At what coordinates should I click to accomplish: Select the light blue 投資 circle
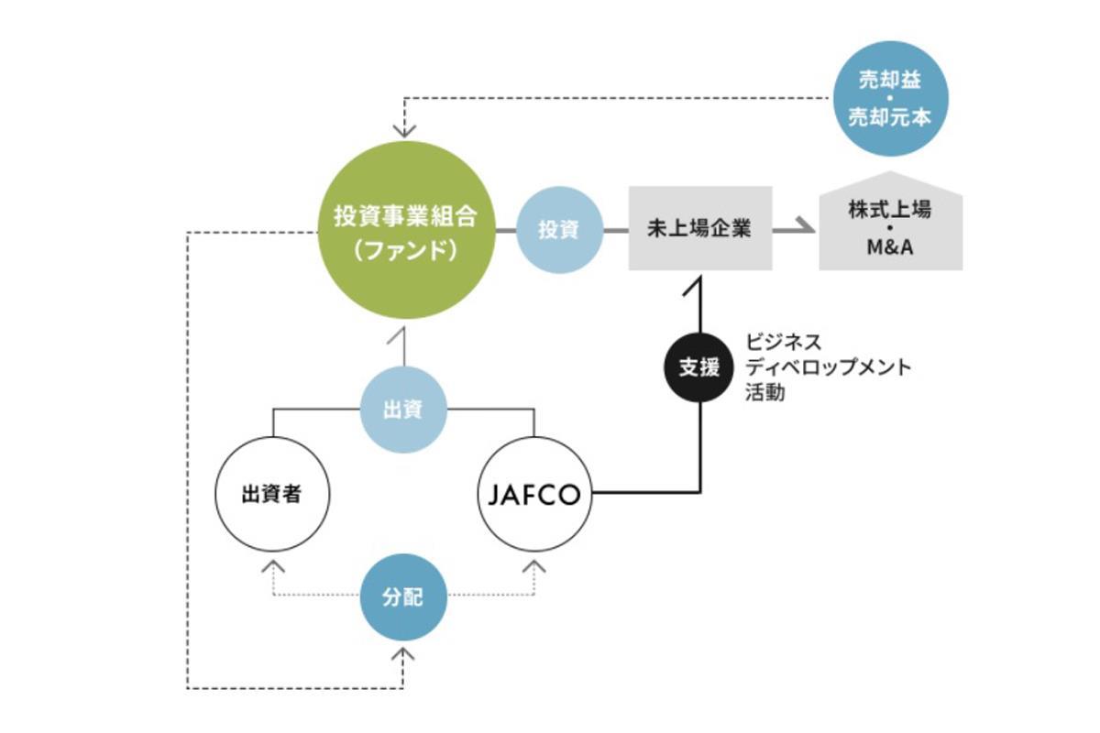click(x=559, y=230)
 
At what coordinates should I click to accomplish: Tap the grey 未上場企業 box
click(x=699, y=228)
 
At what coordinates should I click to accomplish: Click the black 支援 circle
click(x=700, y=366)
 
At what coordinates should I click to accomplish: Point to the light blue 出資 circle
click(x=403, y=409)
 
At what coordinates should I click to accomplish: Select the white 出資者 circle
click(x=271, y=495)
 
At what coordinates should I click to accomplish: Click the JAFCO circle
click(x=534, y=495)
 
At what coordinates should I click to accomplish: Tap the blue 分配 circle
click(x=403, y=597)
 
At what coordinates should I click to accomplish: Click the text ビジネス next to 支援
click(x=784, y=343)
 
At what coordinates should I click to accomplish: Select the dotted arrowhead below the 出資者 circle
click(x=271, y=565)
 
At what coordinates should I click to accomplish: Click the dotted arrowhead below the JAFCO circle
click(x=534, y=565)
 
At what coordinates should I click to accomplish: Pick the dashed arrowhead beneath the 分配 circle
click(x=403, y=654)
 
